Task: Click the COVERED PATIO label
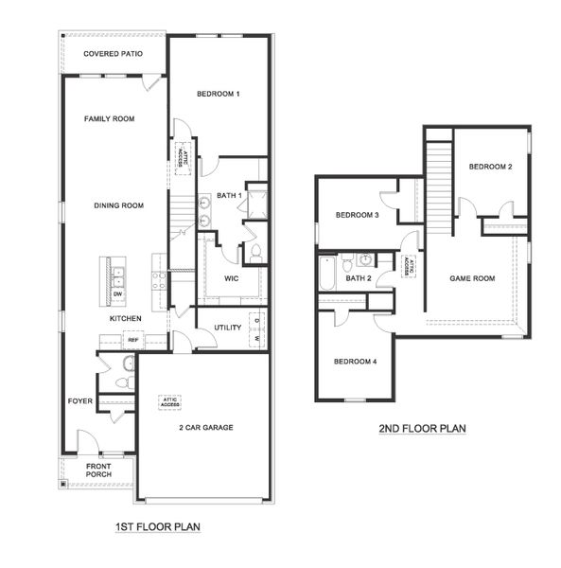coord(113,54)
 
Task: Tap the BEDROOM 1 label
coord(219,94)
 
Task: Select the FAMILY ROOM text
coord(109,119)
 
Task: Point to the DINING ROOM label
coord(118,205)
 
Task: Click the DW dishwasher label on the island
coord(118,294)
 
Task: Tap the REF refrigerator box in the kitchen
coord(133,340)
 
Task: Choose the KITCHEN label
coord(126,319)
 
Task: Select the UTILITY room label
coord(228,328)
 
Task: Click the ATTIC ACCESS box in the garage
coord(170,401)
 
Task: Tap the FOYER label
coord(80,401)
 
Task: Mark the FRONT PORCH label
coord(97,471)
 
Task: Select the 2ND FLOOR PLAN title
coord(422,429)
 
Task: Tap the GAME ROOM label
coord(472,278)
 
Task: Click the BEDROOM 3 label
coord(358,216)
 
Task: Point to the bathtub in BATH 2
coord(327,273)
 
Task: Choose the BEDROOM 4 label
coord(355,362)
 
